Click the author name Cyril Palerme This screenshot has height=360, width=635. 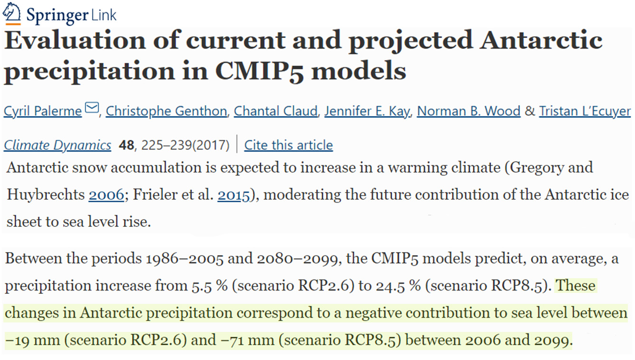tap(43, 111)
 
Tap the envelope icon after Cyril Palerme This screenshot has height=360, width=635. tap(91, 109)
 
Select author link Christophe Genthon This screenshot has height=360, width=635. tap(166, 111)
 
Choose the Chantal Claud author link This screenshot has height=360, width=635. tap(275, 111)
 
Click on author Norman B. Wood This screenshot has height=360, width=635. tap(469, 111)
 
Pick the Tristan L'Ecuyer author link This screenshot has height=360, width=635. tap(585, 111)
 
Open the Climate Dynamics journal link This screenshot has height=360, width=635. tap(58, 145)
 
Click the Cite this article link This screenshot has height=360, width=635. tap(289, 145)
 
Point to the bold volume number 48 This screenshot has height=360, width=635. tap(126, 145)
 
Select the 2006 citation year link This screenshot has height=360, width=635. tap(106, 195)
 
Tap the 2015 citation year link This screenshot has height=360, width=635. tap(233, 195)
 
